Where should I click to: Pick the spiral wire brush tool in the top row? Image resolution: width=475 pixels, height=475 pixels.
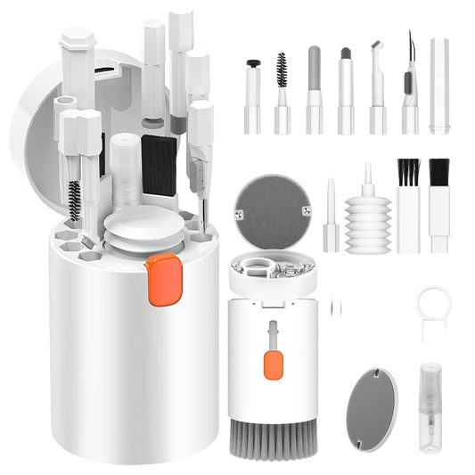(282, 89)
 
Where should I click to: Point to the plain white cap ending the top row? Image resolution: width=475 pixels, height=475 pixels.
(438, 86)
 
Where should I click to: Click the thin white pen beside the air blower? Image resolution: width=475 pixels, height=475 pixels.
(330, 214)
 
